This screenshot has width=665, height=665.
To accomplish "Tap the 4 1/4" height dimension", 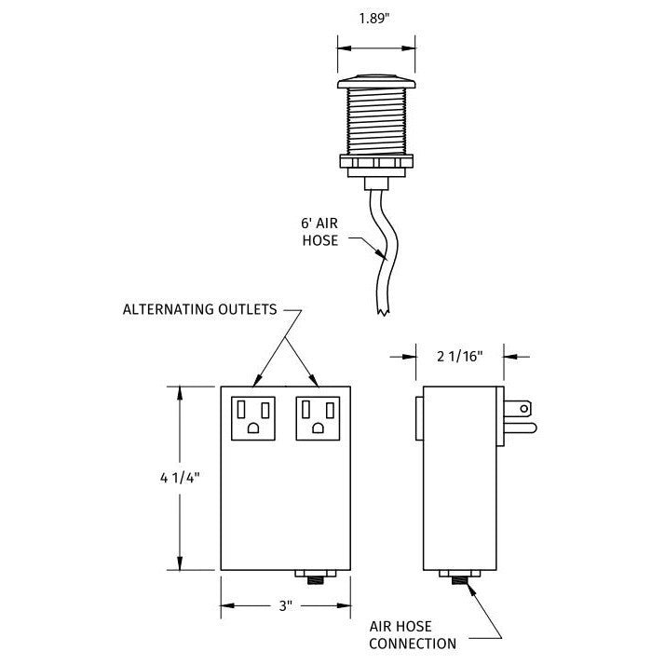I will [176, 477].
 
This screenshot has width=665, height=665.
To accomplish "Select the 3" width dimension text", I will [285, 605].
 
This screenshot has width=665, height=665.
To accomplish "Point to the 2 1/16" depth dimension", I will [459, 354].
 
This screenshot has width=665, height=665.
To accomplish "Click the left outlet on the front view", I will [253, 417].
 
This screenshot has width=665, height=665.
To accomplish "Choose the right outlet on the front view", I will [317, 417].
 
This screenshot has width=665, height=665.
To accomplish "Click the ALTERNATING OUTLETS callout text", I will [200, 310].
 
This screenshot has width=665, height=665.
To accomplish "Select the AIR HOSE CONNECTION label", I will [413, 634].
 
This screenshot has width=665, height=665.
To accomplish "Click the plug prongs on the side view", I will [519, 416].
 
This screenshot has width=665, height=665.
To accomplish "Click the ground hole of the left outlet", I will [254, 428].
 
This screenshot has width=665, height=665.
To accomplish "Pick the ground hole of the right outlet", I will [318, 428].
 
